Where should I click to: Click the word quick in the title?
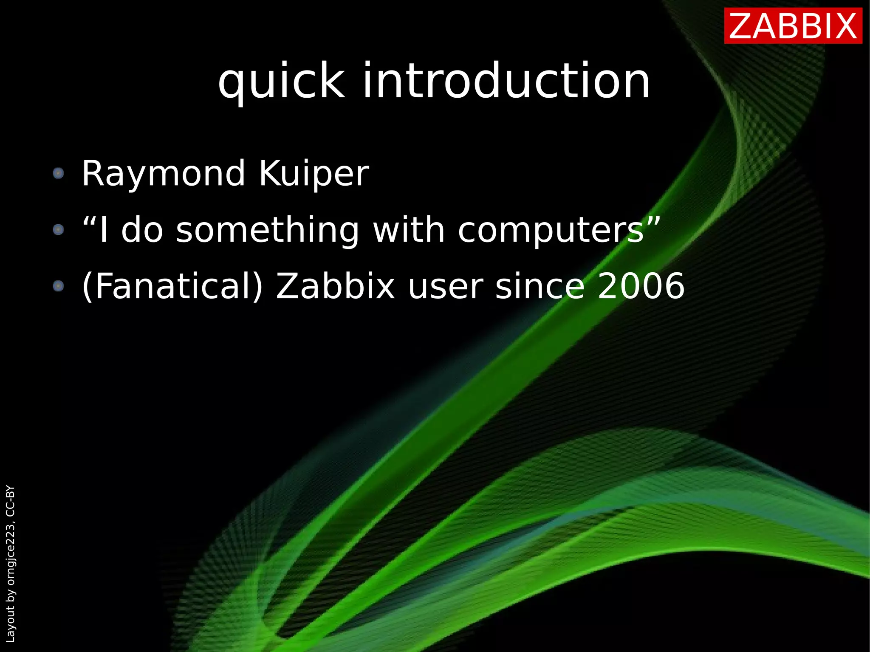281,81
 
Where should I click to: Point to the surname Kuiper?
314,174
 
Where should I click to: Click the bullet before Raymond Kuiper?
58,173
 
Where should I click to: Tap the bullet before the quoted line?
58,230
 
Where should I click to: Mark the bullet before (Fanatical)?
58,286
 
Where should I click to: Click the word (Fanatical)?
172,287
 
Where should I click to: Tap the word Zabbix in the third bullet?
336,286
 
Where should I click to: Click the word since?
540,286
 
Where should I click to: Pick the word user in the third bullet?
445,287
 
